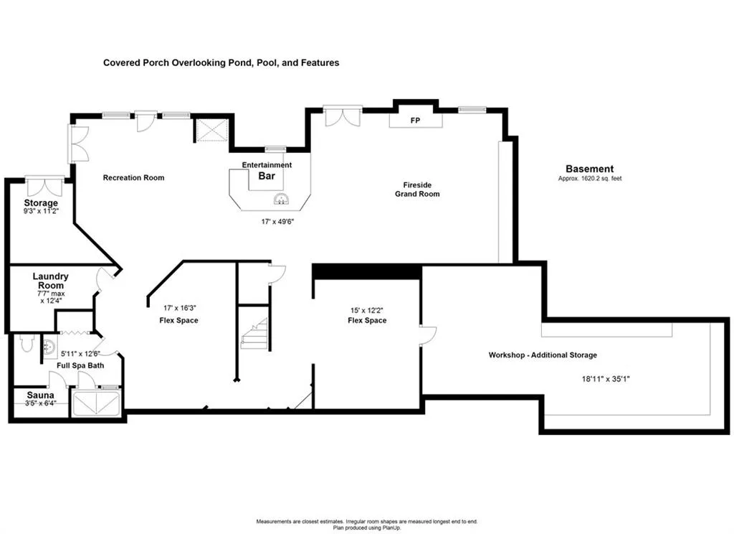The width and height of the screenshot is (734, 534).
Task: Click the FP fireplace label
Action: point(415,121)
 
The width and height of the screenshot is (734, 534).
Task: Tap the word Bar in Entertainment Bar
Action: point(267,176)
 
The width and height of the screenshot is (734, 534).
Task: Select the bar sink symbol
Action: point(281,200)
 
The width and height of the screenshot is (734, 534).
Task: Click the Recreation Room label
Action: point(133,178)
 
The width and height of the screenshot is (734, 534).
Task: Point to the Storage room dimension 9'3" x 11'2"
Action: point(41,212)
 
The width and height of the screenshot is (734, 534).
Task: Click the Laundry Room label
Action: point(51,281)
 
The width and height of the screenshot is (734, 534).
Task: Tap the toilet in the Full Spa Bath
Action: point(27,342)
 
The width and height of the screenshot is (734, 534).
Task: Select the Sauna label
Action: point(40,395)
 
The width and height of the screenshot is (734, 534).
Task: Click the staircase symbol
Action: point(254,333)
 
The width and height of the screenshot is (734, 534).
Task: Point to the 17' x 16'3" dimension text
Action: point(180,308)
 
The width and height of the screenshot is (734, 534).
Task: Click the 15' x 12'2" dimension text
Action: point(367,310)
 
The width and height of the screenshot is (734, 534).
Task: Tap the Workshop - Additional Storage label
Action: point(543,355)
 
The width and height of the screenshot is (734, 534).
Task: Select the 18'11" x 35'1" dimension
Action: point(606,379)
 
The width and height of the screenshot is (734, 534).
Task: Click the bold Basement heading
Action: point(589,169)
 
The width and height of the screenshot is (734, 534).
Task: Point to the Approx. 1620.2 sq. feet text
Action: point(590,179)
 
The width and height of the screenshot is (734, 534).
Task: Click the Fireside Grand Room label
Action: point(417,189)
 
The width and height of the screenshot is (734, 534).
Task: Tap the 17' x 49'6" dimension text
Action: point(277,221)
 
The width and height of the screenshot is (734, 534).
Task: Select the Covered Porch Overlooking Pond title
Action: point(221,63)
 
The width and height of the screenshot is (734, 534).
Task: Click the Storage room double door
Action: point(44,187)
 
